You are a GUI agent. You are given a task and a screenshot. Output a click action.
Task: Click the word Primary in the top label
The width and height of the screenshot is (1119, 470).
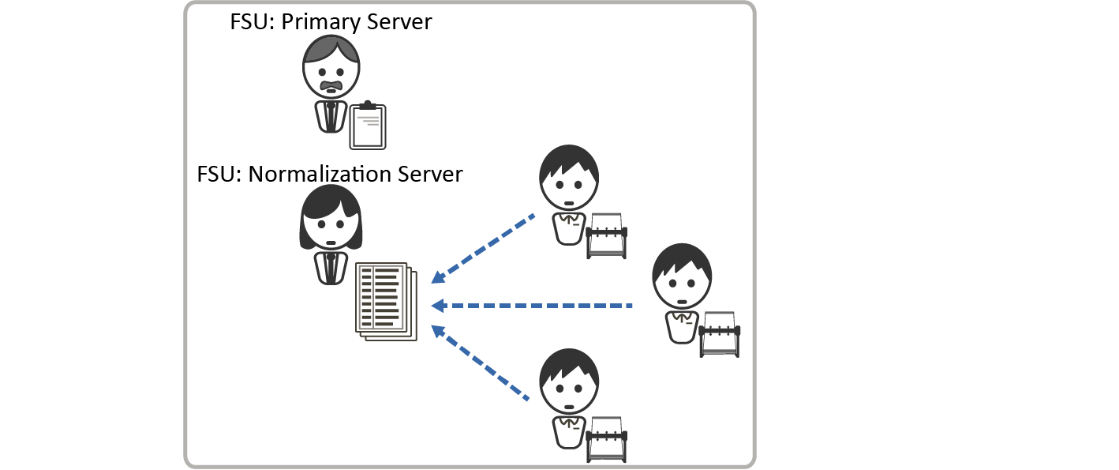[x=319, y=21]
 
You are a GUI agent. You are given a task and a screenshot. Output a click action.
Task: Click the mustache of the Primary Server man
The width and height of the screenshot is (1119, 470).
[x=331, y=84]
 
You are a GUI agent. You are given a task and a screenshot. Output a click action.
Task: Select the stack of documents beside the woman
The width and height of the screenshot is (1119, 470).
[x=385, y=301]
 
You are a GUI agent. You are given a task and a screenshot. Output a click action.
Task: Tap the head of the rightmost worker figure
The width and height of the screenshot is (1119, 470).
[x=682, y=277]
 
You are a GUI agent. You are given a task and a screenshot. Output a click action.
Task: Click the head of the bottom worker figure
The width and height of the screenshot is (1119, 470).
[x=569, y=382]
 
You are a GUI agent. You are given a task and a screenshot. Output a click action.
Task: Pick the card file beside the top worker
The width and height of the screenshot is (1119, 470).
[x=608, y=235]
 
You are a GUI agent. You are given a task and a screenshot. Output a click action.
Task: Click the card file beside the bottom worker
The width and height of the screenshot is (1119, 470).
[x=608, y=438]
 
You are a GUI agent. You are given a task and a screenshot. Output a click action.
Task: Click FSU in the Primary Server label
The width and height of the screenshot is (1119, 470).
[x=249, y=21]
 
